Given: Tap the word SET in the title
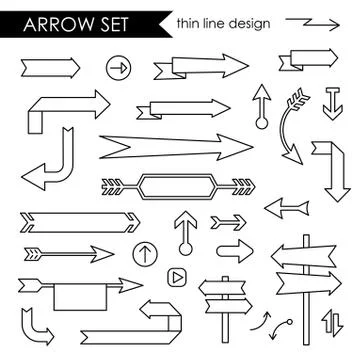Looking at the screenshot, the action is pos(104,23).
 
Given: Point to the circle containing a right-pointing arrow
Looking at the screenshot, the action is pos(118,68).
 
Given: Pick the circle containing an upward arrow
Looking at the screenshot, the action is pos(143,252).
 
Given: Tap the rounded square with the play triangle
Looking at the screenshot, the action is pos(176,274).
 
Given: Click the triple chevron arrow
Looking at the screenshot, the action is pos(228,220).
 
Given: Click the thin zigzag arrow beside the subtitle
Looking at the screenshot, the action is pos(313,21).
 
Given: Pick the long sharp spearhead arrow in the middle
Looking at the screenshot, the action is pos(175,148).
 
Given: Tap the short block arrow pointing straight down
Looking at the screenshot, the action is pos(332,103).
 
